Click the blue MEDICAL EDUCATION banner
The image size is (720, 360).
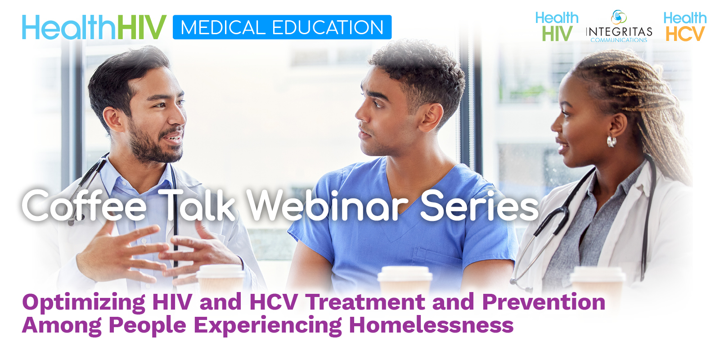282,27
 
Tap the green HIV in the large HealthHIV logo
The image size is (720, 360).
142,27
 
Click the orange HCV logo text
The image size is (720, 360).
685,34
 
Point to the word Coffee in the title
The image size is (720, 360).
84,205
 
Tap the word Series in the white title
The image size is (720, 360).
479,206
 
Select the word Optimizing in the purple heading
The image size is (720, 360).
84,303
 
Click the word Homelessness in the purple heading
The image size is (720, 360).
431,325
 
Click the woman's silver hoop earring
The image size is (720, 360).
612,141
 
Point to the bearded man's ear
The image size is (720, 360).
113,119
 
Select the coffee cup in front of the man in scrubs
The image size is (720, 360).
405,279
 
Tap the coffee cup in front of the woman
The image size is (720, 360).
598,279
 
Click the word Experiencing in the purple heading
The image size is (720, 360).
267,326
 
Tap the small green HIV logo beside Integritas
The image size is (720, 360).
557,33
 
